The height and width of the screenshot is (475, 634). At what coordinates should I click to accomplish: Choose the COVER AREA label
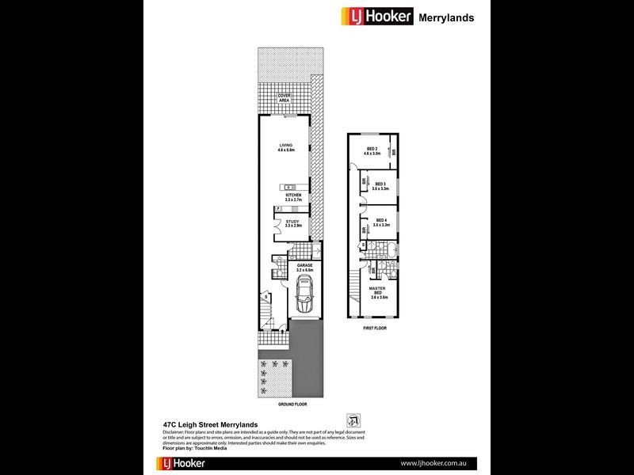tap(284, 98)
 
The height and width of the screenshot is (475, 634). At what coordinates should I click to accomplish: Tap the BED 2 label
tap(372, 150)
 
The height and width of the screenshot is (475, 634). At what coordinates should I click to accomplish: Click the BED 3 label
tap(380, 187)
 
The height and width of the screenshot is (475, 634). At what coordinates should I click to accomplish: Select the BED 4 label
tap(380, 222)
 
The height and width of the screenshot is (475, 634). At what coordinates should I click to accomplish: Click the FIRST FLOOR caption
tap(373, 327)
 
